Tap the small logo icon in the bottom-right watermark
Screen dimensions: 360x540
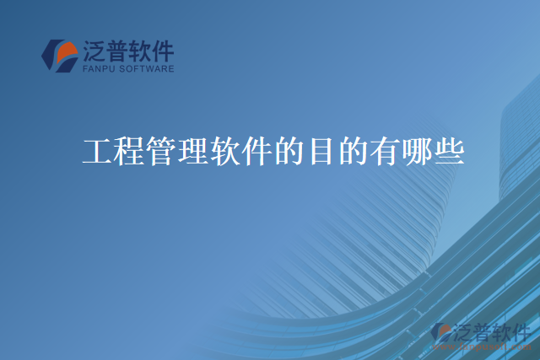pyautogui.click(x=440, y=332)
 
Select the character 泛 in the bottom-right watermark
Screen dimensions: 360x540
pyautogui.click(x=462, y=330)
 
